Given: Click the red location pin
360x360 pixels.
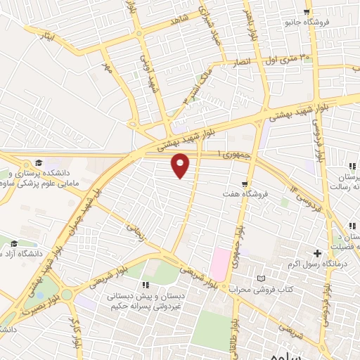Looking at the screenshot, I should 181,165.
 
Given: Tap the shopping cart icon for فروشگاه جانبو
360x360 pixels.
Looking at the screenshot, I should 307,12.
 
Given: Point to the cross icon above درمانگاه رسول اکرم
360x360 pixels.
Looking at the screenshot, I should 318,253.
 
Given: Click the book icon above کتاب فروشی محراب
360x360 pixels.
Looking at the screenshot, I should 262,279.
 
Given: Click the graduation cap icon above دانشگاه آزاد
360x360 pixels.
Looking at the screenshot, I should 14,243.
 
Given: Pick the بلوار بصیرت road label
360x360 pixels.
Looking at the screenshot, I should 37,303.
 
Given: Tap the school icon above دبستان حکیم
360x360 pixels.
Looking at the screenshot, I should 146,284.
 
